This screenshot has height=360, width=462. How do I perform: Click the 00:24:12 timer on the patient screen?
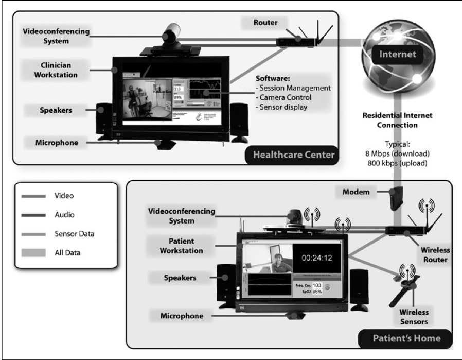318,256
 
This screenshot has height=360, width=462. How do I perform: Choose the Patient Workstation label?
174,246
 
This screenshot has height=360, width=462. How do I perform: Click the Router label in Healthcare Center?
265,23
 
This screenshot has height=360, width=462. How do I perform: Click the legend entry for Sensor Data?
73,233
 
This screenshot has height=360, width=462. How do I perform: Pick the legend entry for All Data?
67,252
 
